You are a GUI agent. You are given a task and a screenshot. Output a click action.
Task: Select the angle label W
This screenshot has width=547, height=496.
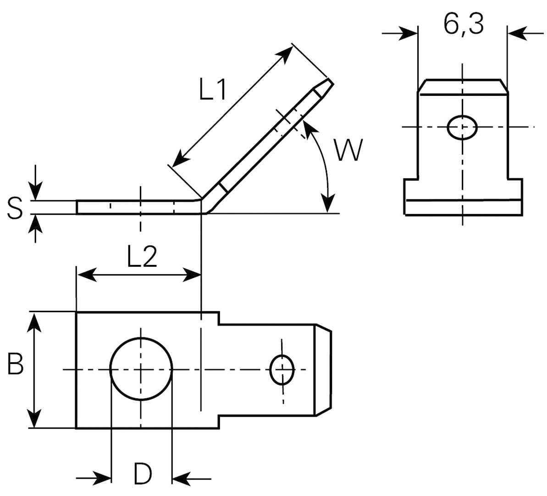pyautogui.click(x=348, y=150)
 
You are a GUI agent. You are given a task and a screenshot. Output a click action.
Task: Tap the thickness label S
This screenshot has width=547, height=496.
pyautogui.click(x=15, y=208)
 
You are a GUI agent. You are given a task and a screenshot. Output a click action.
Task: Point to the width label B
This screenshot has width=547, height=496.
pyautogui.click(x=15, y=365)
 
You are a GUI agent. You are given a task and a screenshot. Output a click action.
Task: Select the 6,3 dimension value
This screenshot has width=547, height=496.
pyautogui.click(x=463, y=25)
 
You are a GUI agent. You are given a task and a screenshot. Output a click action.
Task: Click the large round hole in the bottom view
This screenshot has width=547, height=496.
pyautogui.click(x=141, y=369)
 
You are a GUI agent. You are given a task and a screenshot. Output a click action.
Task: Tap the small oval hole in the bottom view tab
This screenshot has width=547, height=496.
pyautogui.click(x=282, y=369)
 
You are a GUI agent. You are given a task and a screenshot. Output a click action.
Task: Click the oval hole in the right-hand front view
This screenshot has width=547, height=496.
pyautogui.click(x=462, y=127)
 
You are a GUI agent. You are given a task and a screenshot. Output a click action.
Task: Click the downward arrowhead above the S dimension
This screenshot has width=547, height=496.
pyautogui.click(x=36, y=191)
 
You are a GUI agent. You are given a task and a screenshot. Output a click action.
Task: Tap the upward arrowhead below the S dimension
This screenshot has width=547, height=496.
pyautogui.click(x=36, y=223)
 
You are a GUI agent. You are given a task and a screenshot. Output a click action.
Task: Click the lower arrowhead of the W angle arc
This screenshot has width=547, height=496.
pyautogui.click(x=327, y=203)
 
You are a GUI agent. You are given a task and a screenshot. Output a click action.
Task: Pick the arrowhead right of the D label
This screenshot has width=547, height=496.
pyautogui.click(x=181, y=479)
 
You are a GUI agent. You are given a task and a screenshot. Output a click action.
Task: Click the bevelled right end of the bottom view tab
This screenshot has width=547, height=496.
pyautogui.click(x=323, y=369)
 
